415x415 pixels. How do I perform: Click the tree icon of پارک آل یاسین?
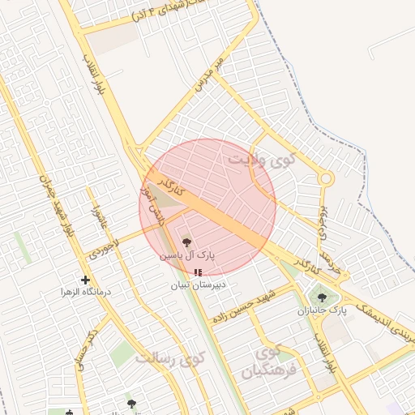coord(186,242)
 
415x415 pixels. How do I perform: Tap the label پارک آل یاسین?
coord(187,255)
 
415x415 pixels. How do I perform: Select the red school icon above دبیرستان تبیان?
coord(199,273)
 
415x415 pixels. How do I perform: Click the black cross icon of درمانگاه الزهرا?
coord(85,280)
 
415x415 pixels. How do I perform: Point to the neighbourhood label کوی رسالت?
coord(169,357)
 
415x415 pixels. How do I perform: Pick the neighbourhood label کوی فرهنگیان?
coord(265,363)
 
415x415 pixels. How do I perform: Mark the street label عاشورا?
coord(98,217)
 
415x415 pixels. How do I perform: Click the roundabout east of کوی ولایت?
coord(326,178)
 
